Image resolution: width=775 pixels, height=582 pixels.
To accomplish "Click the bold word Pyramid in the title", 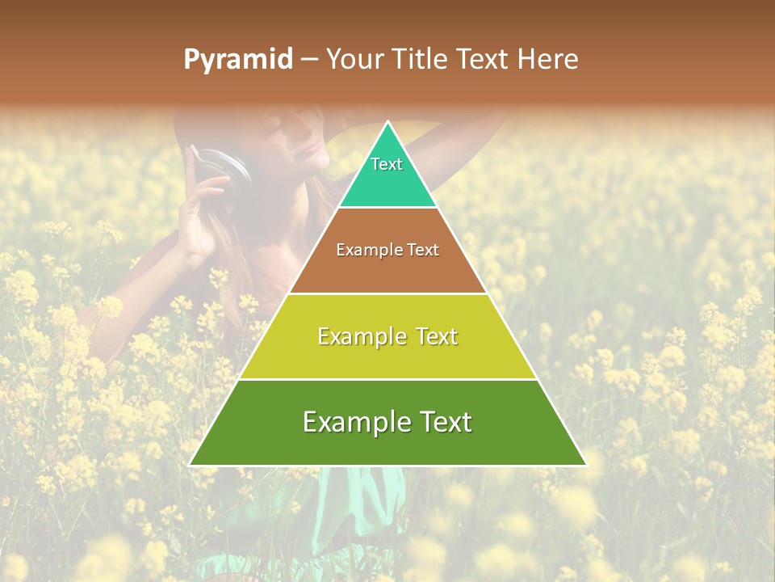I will tap(238, 60).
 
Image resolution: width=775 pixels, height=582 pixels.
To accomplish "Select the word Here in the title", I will tap(547, 59).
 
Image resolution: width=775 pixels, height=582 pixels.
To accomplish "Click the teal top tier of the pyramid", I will tap(387, 182).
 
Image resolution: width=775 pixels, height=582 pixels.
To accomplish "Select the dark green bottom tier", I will tap(387, 445).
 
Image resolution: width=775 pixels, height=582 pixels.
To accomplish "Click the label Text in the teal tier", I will tap(387, 164).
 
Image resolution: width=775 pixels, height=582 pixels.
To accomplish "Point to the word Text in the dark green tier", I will tap(439, 422).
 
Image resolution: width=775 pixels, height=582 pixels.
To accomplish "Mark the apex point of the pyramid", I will tap(388, 122).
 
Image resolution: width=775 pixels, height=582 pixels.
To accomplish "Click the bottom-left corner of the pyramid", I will tap(190, 465).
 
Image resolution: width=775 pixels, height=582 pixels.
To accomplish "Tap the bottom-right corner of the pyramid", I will tap(586, 465).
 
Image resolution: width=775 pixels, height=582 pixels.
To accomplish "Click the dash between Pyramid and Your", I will tap(309, 60).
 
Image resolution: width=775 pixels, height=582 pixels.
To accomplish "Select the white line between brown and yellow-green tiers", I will tap(387, 293).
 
